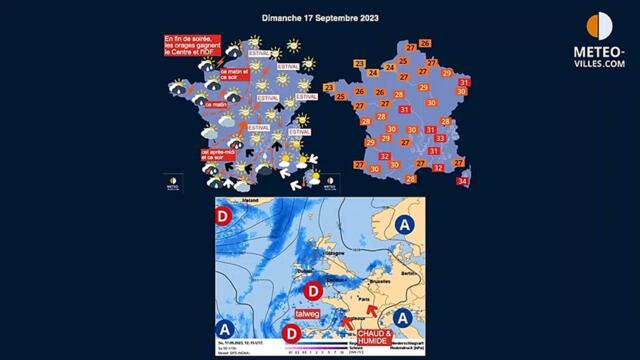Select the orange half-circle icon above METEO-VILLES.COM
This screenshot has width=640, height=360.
point(599,26)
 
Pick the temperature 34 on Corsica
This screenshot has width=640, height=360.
point(463,181)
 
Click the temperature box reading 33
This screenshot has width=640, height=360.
point(439,138)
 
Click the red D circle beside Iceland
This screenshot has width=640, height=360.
point(225,215)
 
